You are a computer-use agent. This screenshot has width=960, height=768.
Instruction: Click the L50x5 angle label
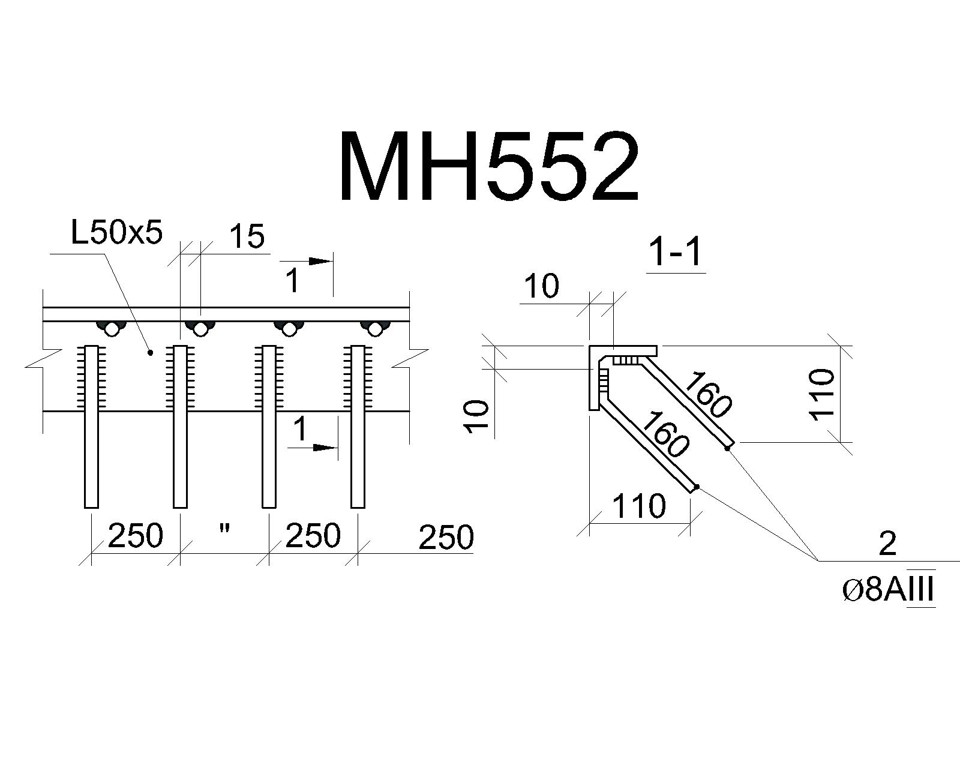tap(116, 233)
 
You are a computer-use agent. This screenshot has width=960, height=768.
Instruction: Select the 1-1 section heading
tap(676, 253)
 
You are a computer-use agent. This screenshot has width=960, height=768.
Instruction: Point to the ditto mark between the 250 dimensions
tap(224, 529)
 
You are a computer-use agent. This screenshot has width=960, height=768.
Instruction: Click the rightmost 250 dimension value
tap(446, 537)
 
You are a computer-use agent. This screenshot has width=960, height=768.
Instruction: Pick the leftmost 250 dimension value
tap(136, 536)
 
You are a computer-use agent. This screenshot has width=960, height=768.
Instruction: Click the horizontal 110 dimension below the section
tap(639, 506)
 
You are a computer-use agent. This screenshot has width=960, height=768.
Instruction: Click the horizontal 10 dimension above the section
tap(542, 286)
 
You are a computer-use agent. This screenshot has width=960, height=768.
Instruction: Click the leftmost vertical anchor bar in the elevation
tap(91, 427)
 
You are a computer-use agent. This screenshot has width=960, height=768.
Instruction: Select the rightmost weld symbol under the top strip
tap(374, 328)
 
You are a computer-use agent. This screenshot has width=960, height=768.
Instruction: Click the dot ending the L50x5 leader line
tap(151, 353)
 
